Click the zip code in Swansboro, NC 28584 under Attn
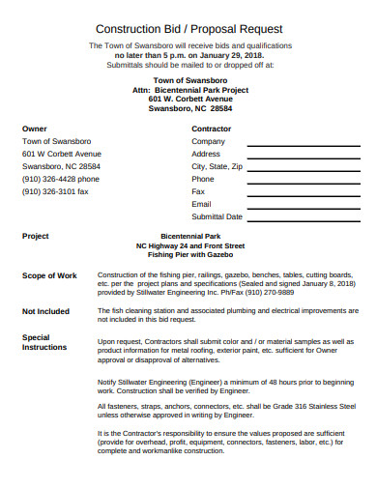click(x=221, y=109)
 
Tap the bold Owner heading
click(x=34, y=129)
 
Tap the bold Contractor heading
click(x=211, y=129)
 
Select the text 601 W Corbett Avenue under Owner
click(x=61, y=154)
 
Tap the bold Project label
click(x=36, y=236)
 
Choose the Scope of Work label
click(x=49, y=276)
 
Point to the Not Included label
click(x=45, y=311)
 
